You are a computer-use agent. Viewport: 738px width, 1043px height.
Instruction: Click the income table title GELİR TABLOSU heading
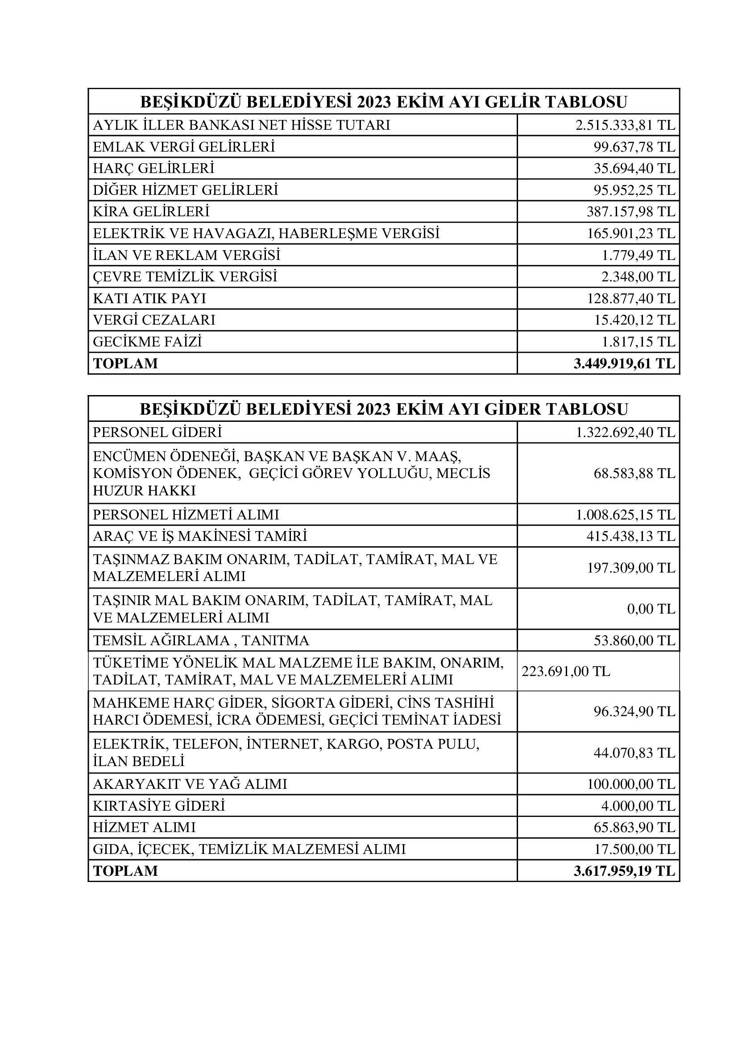[x=384, y=101]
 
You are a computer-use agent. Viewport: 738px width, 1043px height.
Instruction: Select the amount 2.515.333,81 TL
[x=625, y=125]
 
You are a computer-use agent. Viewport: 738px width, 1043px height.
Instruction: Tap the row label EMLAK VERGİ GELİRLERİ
[x=184, y=147]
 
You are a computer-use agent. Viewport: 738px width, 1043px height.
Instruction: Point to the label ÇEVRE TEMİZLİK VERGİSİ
[x=185, y=276]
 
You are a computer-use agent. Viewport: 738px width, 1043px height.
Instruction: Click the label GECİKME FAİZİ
[x=147, y=342]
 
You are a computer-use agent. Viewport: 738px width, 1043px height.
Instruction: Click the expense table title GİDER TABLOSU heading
[x=384, y=409]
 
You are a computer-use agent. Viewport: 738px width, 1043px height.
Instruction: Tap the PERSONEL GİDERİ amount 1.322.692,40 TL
[x=625, y=432]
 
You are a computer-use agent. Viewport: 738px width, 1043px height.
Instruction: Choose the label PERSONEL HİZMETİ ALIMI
[x=186, y=515]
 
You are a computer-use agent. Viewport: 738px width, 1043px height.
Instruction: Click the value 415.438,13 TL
[x=631, y=536]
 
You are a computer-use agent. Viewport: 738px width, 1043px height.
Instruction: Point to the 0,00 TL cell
[x=651, y=609]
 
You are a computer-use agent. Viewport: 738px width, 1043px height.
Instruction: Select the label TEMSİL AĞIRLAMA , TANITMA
[x=201, y=640]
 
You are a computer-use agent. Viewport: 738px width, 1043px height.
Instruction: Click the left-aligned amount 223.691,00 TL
[x=566, y=671]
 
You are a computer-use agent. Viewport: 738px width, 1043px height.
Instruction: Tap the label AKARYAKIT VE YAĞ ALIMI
[x=190, y=784]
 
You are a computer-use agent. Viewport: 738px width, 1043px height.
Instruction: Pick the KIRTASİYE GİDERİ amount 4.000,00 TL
[x=638, y=806]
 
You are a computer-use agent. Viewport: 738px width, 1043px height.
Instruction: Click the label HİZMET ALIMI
[x=144, y=827]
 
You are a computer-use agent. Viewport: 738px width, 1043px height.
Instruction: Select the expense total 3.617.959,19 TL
[x=624, y=871]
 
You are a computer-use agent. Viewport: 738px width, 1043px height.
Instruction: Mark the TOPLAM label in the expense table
[x=125, y=871]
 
